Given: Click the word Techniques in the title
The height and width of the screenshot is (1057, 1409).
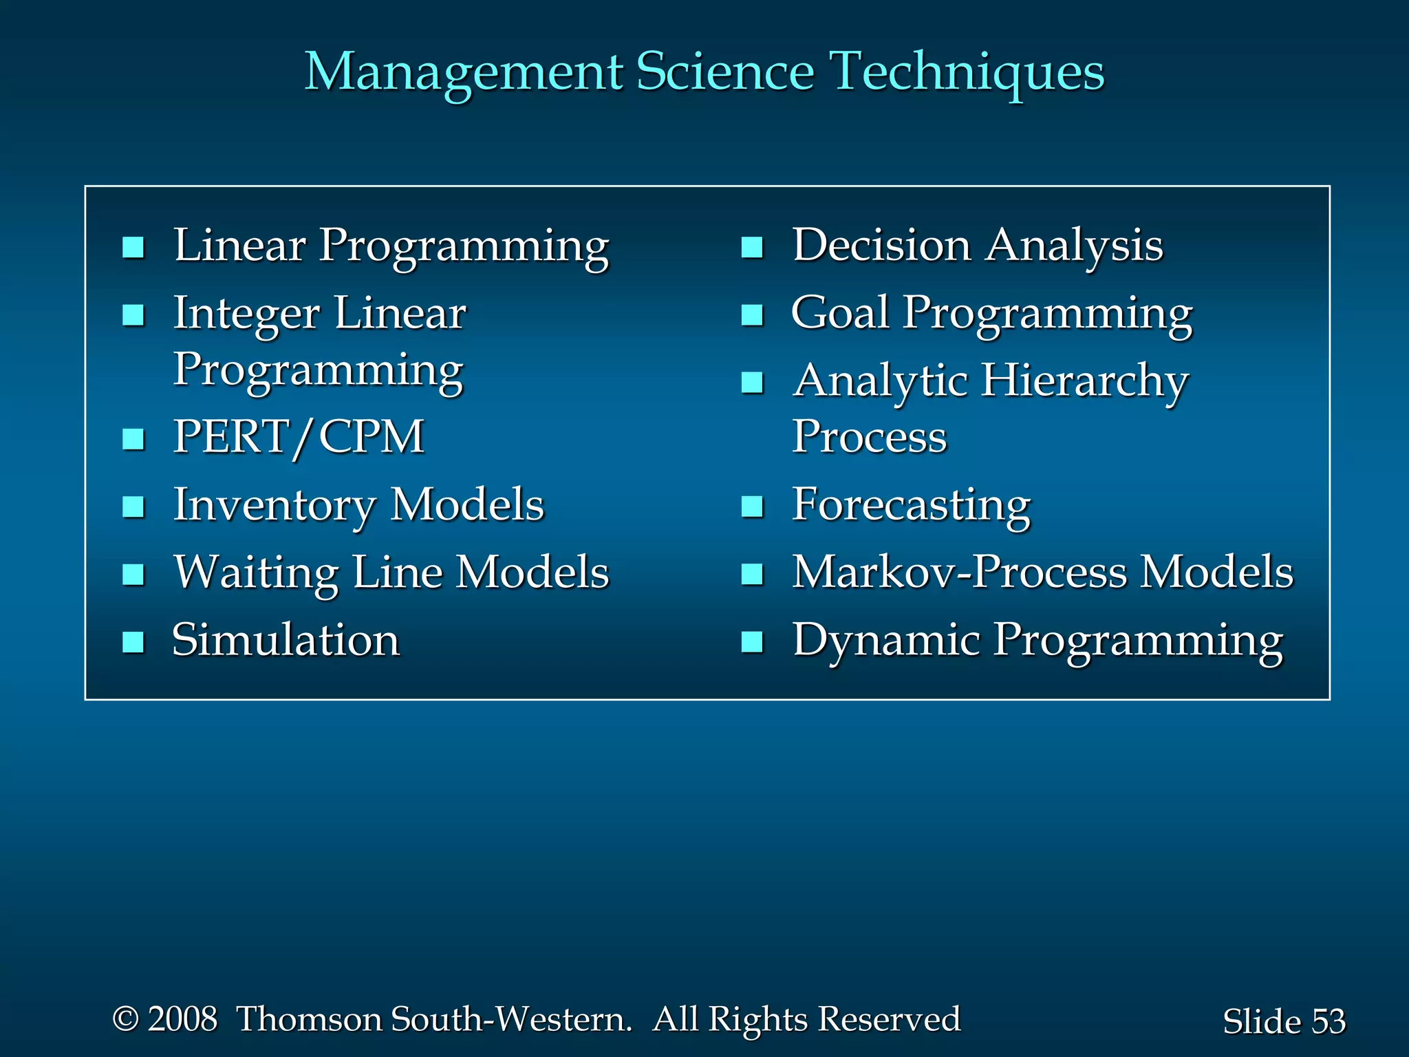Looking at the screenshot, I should click(967, 73).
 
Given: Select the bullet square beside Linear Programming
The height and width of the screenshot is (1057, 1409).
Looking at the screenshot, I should click(133, 247).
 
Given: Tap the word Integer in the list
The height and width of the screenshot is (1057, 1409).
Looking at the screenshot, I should click(246, 314).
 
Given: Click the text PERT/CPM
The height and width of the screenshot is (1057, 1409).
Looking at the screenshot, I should click(298, 437).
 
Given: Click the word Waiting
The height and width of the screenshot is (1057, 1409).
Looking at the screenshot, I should click(255, 573).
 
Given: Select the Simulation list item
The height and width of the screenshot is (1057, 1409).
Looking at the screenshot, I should click(286, 640).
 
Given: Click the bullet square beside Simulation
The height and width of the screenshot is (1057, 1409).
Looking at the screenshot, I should click(133, 641).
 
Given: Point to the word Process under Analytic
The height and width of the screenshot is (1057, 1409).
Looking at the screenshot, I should click(869, 437).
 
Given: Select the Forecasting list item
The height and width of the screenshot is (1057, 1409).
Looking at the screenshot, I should click(911, 506).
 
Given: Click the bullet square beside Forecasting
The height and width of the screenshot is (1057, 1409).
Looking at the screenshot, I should click(752, 506).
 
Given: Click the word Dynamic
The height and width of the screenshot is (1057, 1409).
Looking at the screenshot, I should click(886, 640).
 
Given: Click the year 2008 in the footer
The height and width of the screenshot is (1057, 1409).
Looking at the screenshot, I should click(182, 1019).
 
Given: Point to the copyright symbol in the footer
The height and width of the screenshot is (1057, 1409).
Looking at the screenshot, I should click(125, 1019).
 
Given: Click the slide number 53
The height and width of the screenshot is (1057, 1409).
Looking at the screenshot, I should click(1328, 1021).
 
